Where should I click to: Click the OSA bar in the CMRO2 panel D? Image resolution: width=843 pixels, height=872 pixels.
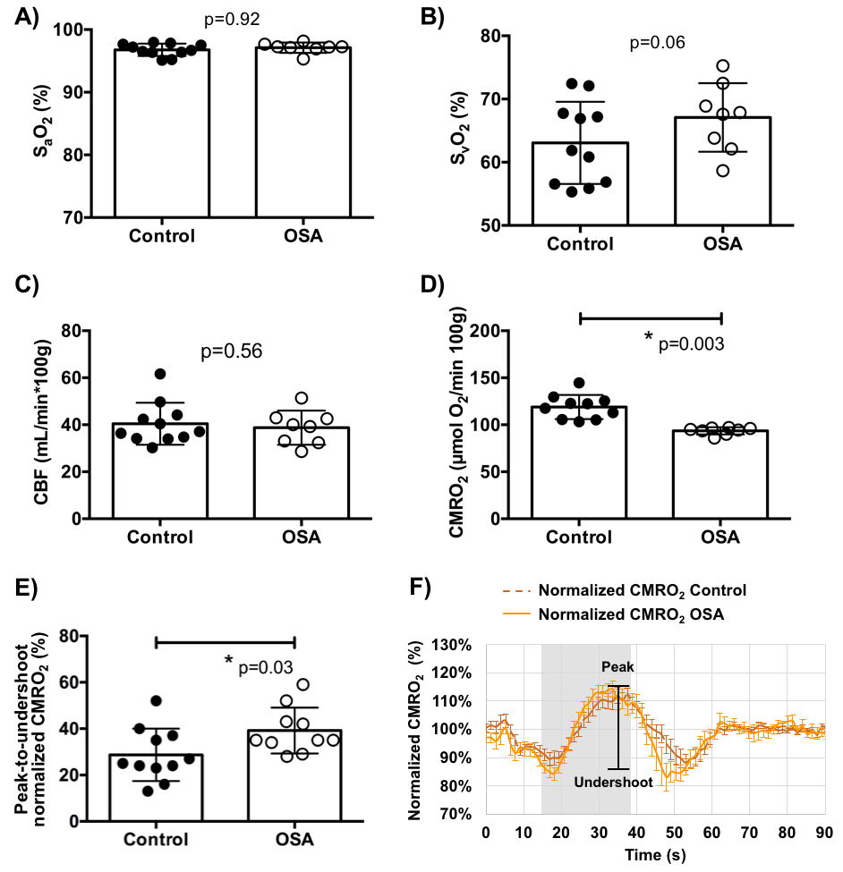coord(721,474)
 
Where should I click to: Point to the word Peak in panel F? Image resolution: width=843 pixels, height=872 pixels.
coord(616,667)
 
